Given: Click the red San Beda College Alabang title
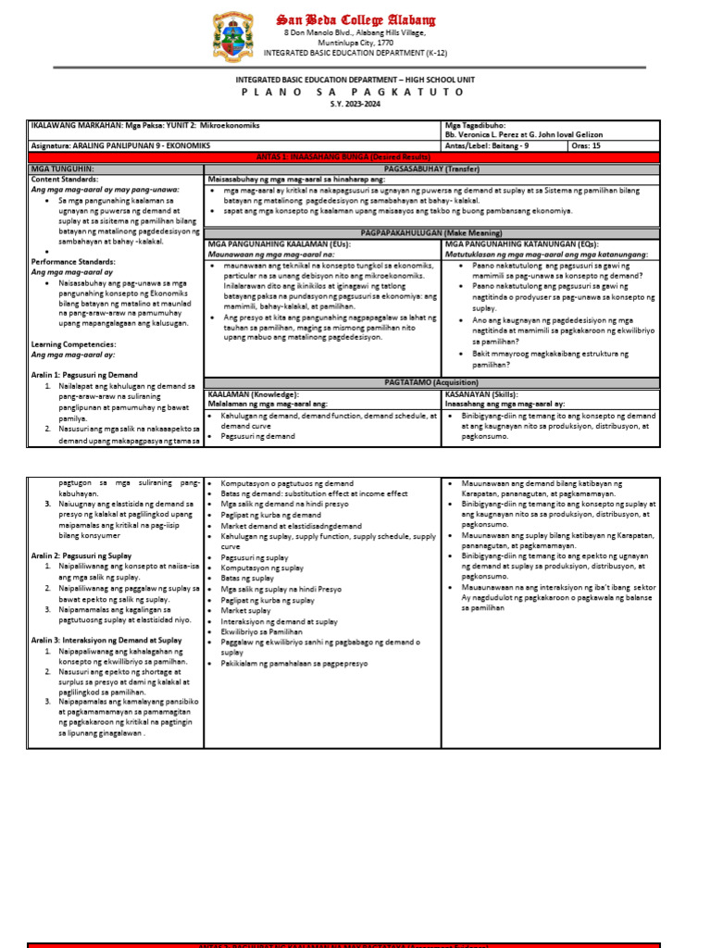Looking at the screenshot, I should point(355,19).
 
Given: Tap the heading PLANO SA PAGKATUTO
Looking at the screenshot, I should point(355,93).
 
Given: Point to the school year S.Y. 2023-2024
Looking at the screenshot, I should point(355,104).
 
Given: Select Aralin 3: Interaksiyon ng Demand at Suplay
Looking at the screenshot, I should point(106,640).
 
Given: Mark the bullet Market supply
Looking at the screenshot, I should point(245,611).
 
